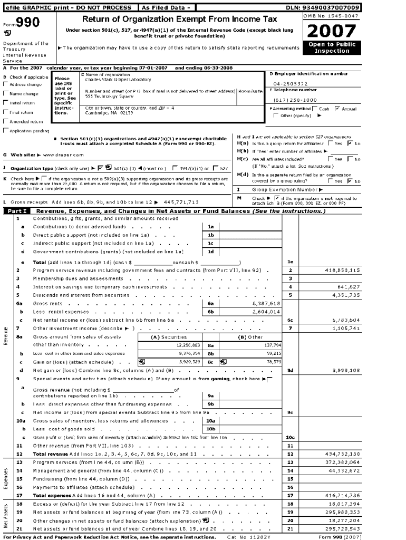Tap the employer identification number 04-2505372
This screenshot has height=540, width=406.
(291, 83)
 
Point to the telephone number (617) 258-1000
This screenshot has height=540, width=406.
(295, 100)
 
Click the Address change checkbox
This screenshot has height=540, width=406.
(5, 84)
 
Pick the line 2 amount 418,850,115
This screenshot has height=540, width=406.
(342, 270)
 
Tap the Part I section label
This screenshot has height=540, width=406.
(16, 211)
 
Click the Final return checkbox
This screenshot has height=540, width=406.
(5, 112)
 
